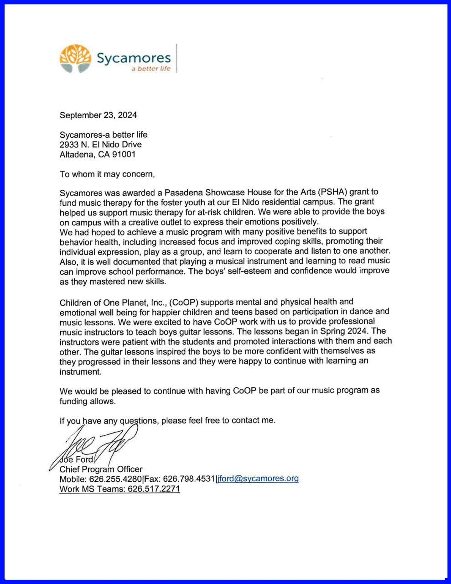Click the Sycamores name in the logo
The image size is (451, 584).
[x=134, y=58]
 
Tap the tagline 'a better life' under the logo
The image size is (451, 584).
[x=150, y=69]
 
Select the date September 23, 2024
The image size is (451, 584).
[x=98, y=115]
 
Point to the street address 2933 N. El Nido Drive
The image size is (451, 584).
[x=101, y=145]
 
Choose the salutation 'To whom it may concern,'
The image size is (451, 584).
[x=107, y=174]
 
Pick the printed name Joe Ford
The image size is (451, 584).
[x=77, y=459]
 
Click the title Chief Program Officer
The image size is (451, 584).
[x=101, y=469]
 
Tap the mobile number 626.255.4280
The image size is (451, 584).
[x=116, y=479]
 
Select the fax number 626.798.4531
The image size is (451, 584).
[x=189, y=479]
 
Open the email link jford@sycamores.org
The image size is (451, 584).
[x=258, y=479]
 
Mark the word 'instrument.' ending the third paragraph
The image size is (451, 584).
[x=80, y=372]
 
